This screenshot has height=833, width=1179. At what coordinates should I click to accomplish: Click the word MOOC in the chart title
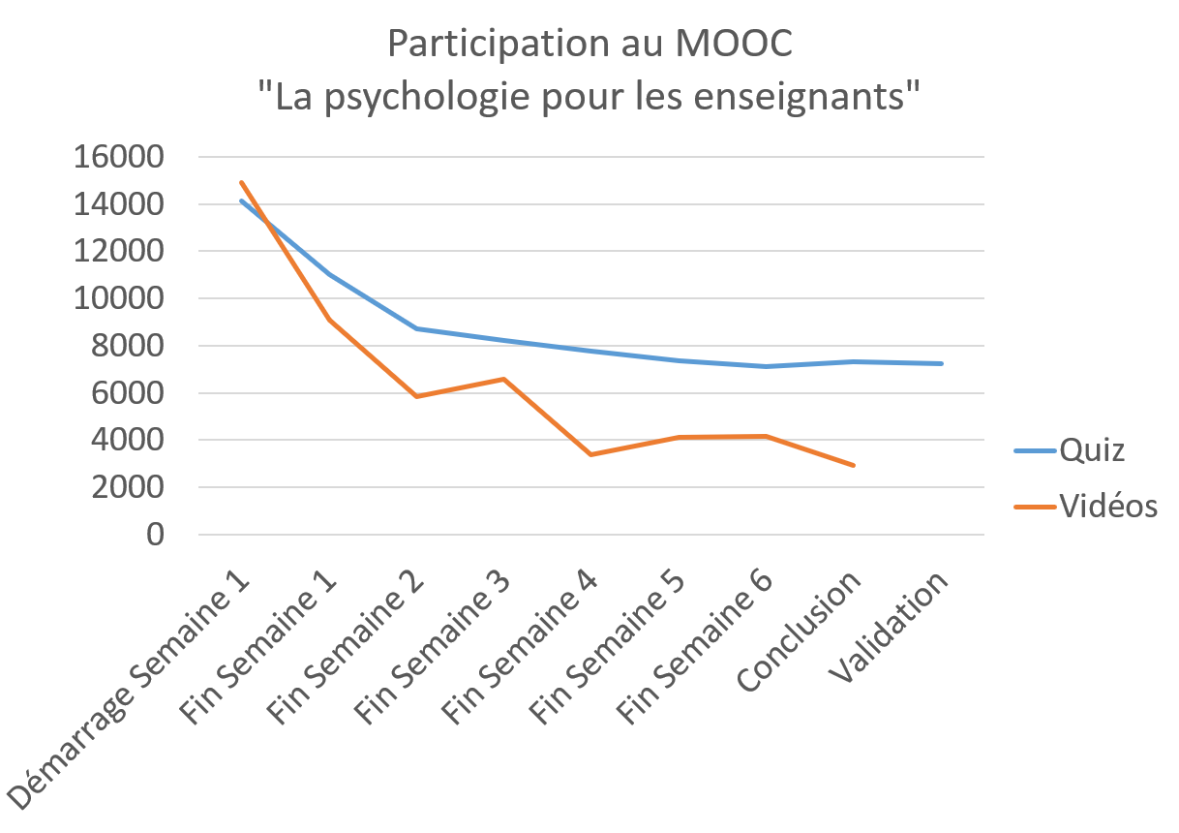[741, 45]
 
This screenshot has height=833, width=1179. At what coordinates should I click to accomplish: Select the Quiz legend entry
[1092, 450]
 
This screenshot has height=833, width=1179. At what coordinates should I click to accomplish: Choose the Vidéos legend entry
[1108, 505]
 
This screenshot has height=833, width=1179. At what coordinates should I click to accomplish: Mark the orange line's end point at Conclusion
[854, 466]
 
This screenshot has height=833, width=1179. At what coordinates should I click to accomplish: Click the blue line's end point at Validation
[941, 363]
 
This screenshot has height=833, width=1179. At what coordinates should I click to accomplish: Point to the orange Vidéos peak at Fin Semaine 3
[504, 379]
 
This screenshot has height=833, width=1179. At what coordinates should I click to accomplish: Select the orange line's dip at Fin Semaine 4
[591, 454]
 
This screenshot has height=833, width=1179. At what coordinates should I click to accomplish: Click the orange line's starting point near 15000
[241, 182]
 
